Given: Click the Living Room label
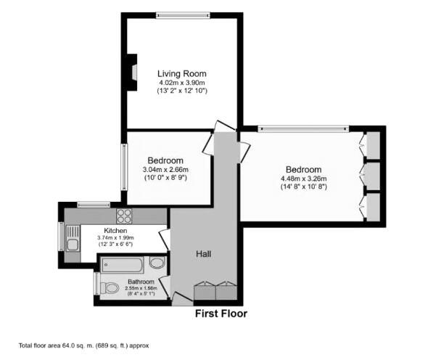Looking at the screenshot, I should point(182,73).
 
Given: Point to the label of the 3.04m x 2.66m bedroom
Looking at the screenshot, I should point(165,160).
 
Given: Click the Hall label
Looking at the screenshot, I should point(204,254).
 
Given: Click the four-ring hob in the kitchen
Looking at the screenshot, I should point(124,215).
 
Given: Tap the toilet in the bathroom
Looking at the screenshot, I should point(109,288).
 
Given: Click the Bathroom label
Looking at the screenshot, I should point(141,282).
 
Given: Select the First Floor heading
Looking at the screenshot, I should point(220,314).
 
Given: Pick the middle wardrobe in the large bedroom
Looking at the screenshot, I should point(373,175).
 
